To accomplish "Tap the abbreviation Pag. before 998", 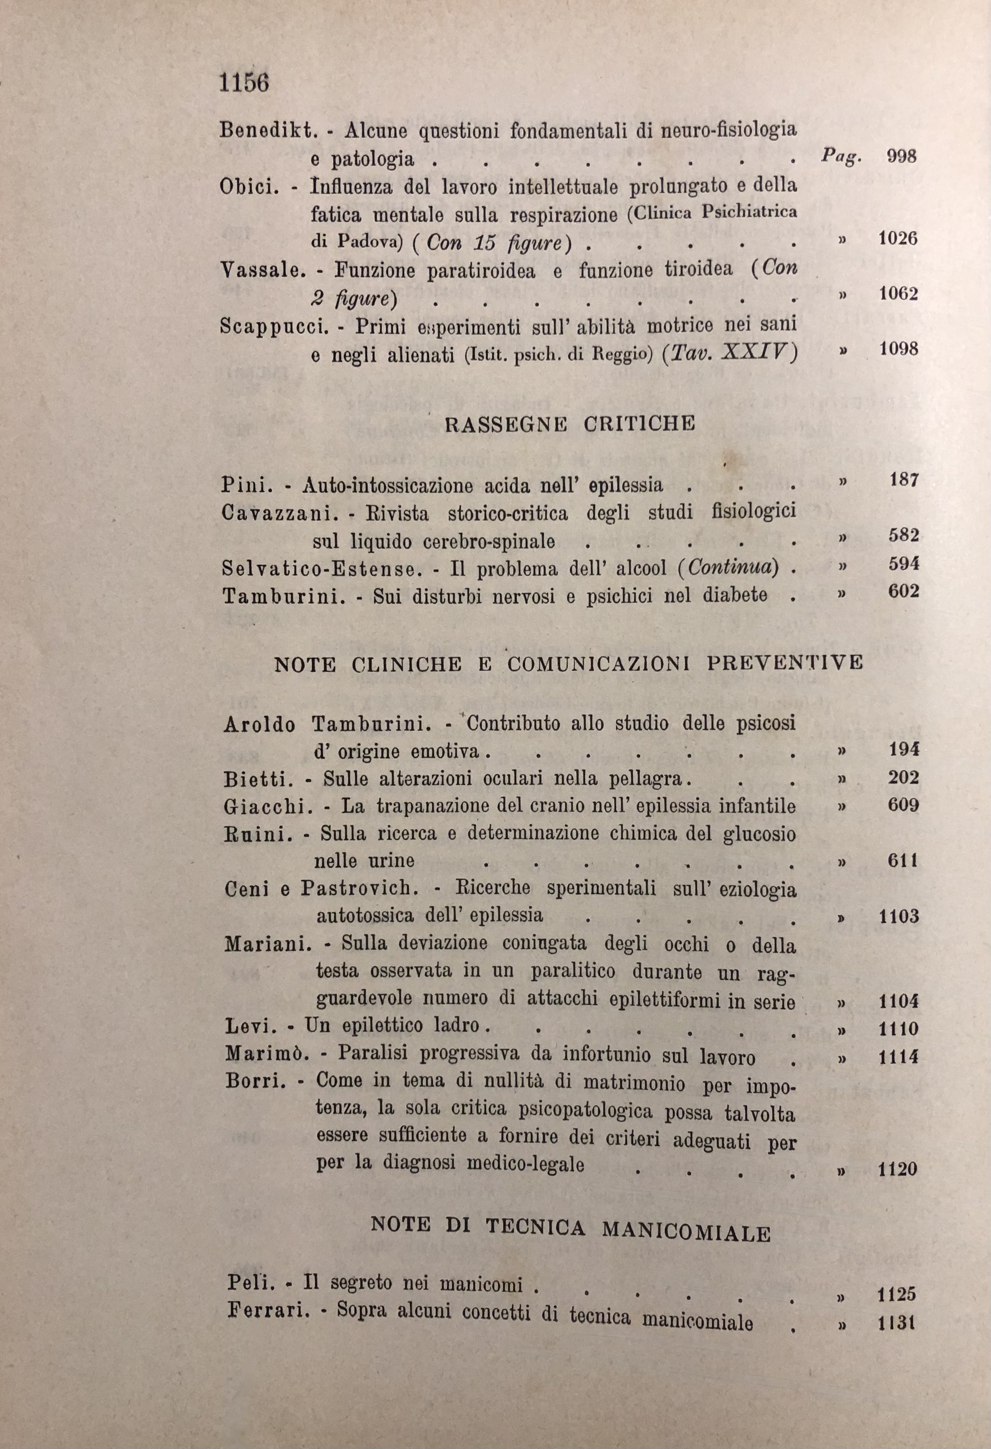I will click(841, 155).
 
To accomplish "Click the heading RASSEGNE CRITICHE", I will click(569, 425).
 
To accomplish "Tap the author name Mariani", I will click(268, 945).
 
